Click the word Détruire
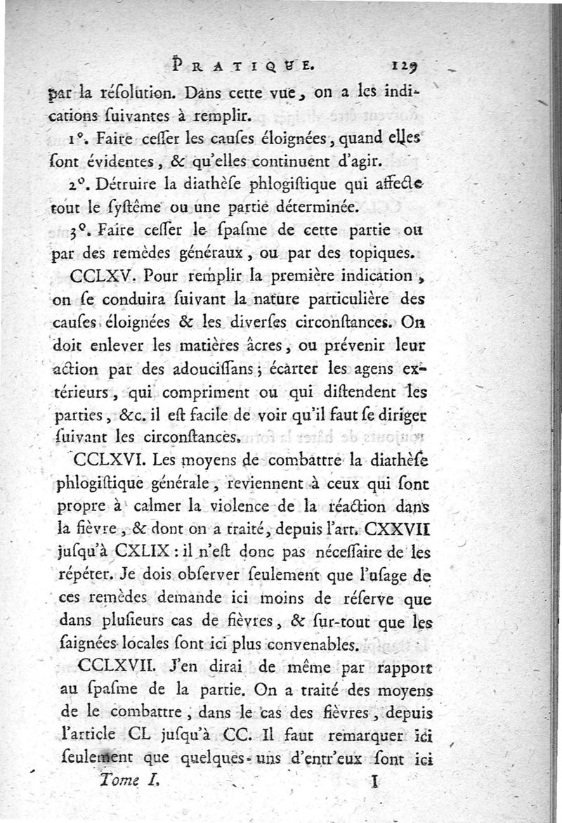click(x=129, y=186)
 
